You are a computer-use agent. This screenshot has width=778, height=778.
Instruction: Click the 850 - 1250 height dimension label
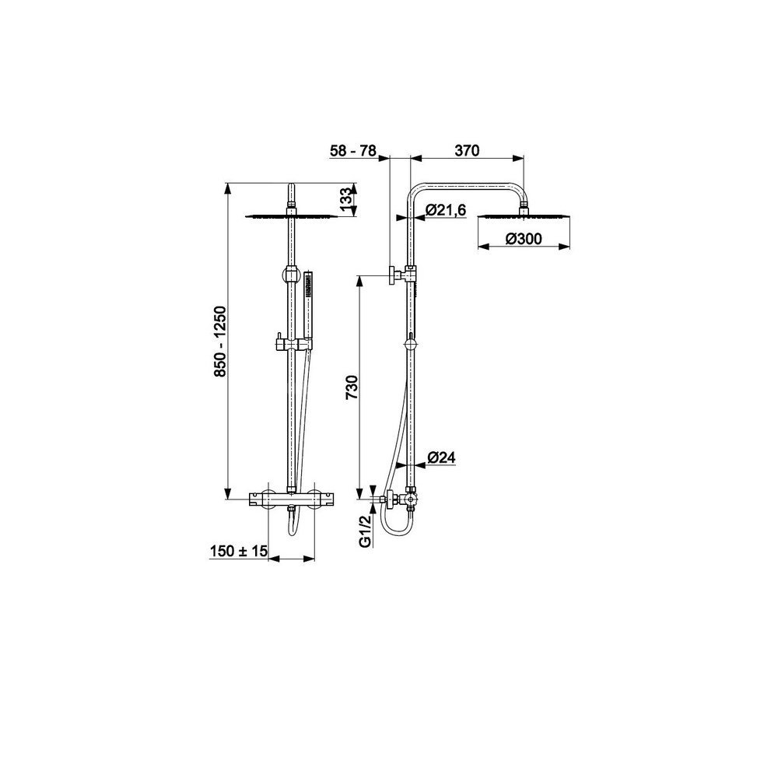pos(220,341)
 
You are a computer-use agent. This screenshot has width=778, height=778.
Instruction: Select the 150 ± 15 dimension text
pos(239,551)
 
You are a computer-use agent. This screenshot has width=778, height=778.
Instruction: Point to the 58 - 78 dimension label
pos(354,150)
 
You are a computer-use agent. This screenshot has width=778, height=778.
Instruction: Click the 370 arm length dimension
pos(467,150)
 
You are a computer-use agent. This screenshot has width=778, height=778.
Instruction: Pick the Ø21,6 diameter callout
pos(446,210)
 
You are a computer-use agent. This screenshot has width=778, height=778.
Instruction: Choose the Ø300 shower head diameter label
pos(524,239)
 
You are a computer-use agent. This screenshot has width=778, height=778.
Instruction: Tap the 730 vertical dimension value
pos(352,387)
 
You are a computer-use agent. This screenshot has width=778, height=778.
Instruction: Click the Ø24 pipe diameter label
pos(441,457)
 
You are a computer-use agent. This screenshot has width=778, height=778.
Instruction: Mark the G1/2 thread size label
pos(365,531)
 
